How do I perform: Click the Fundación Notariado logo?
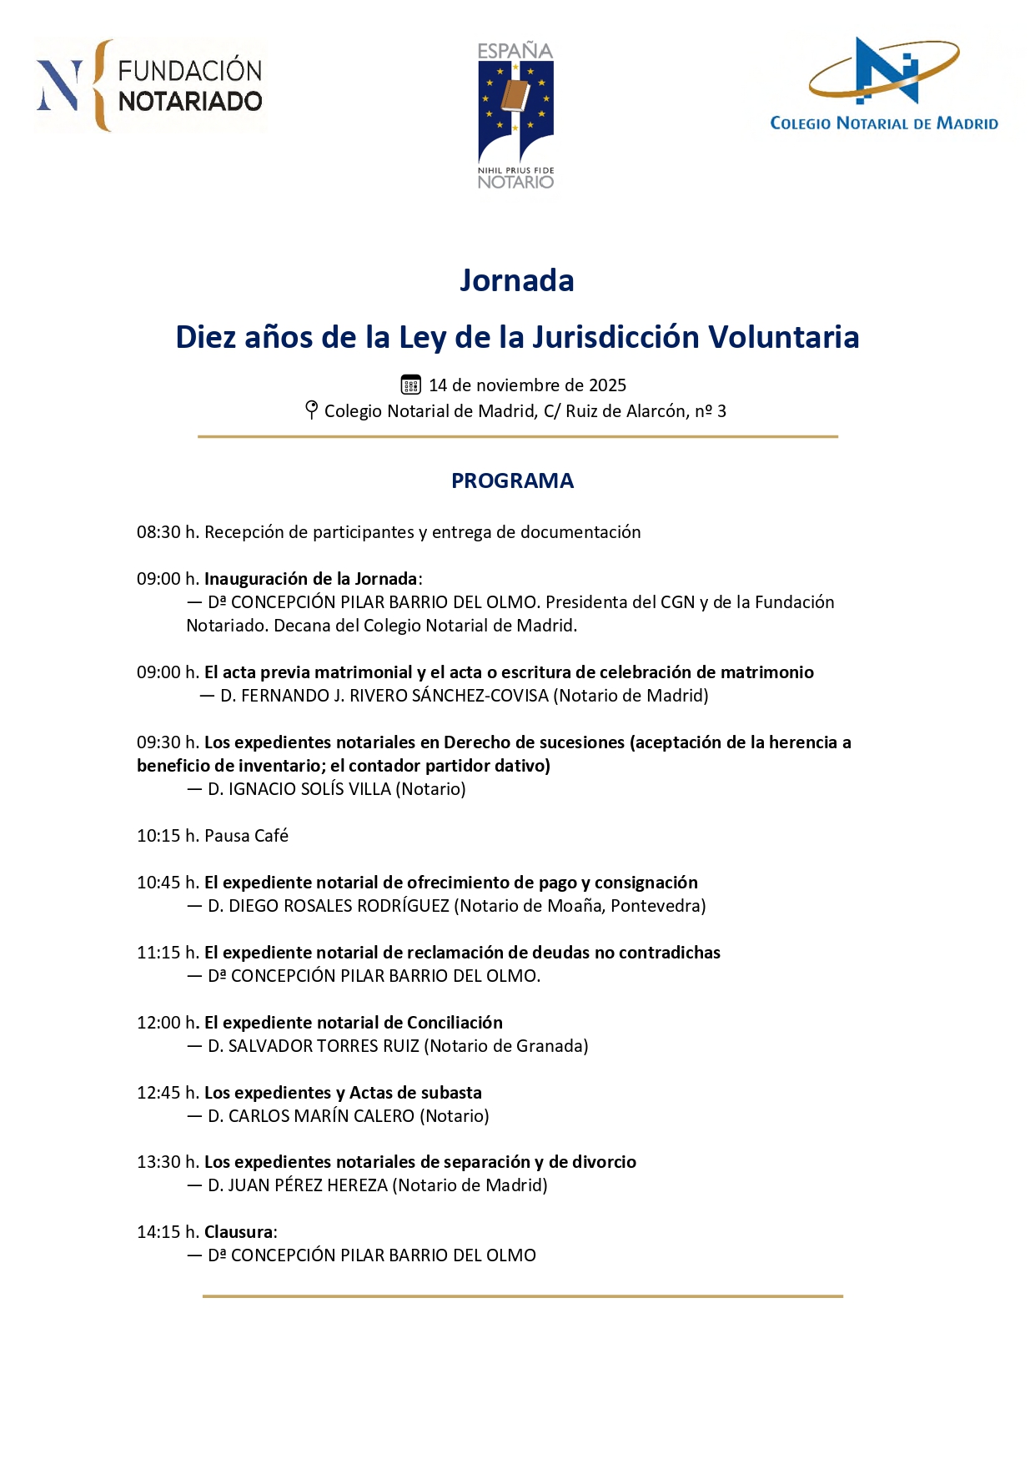(150, 86)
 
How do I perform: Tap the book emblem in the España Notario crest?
(515, 96)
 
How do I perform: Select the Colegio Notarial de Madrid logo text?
(884, 123)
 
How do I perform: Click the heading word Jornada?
(516, 280)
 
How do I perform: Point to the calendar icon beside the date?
(410, 385)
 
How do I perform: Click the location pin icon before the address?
(311, 410)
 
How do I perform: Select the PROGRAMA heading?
(512, 480)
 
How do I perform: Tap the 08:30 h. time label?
(168, 532)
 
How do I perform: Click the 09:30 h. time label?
(168, 742)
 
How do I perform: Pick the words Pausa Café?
(246, 836)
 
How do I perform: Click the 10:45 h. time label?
(168, 883)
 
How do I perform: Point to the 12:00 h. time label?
(168, 1023)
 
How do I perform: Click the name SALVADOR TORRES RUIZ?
(324, 1046)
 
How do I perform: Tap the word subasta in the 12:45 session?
(451, 1093)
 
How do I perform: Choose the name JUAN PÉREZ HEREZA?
(308, 1185)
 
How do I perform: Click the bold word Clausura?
(239, 1232)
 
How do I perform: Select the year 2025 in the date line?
(607, 385)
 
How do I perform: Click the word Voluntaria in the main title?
(783, 337)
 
